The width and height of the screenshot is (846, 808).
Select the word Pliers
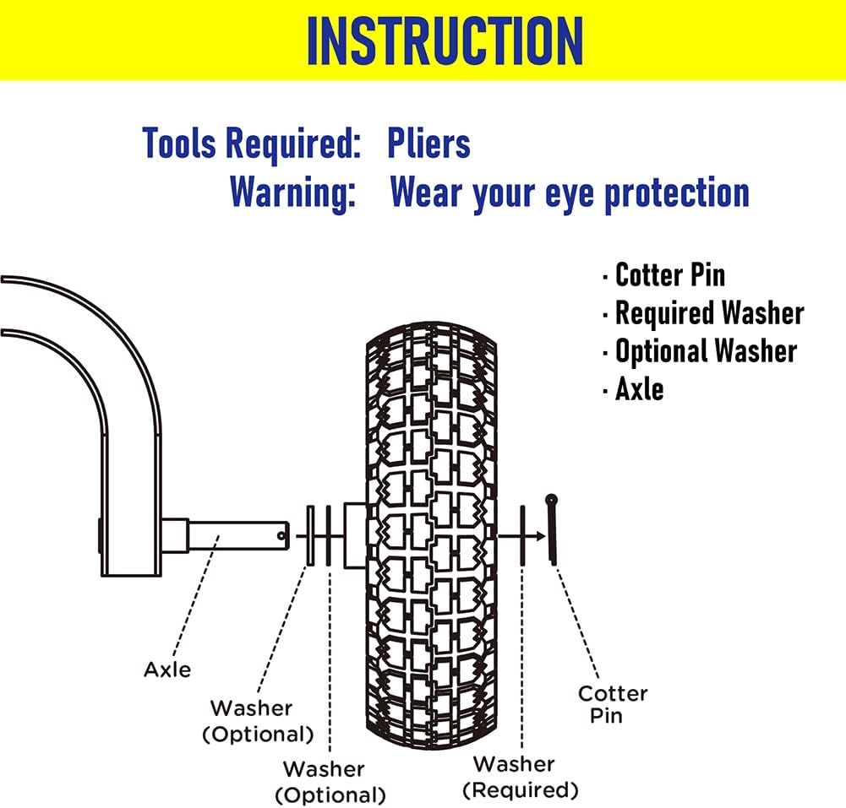coord(428,144)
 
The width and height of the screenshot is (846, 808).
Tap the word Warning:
coord(292,193)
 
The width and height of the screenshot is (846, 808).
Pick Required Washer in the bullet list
coord(709,313)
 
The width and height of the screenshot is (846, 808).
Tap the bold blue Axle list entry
coord(639,389)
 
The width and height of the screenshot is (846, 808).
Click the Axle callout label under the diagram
coord(167,670)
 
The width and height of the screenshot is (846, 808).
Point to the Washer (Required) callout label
coord(526,777)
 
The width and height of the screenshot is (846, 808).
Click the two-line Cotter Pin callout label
coord(613,704)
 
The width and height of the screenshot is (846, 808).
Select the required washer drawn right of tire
coord(524,535)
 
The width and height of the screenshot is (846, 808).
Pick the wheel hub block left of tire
coord(354,535)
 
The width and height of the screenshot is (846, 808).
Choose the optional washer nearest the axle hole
coord(309,536)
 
